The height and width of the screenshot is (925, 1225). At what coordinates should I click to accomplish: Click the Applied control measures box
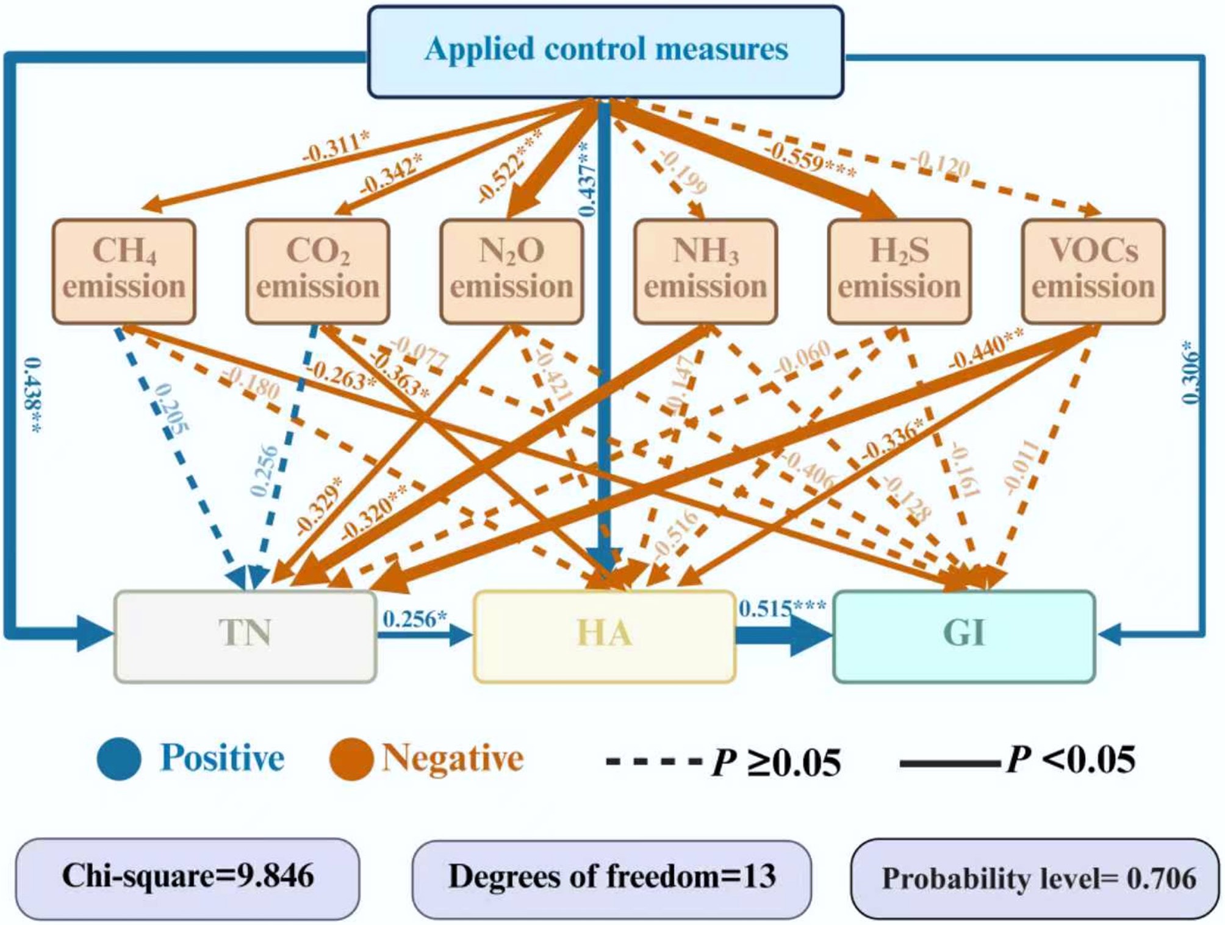pos(606,51)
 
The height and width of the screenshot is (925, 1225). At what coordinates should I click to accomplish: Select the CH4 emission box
pos(124,271)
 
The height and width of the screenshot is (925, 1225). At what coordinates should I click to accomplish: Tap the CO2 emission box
pos(318,271)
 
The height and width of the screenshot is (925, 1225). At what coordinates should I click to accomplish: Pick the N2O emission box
pos(511,271)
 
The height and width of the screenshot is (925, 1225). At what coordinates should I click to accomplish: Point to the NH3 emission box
pos(705,271)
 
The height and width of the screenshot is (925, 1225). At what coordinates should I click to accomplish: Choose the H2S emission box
pos(899,271)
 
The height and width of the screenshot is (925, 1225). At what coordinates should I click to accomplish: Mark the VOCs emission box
pos(1093,271)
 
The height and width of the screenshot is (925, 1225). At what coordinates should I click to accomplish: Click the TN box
pos(245,636)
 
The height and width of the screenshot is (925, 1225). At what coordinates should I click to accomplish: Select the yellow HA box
pos(605,636)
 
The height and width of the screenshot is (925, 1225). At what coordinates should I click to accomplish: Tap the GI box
pos(964,636)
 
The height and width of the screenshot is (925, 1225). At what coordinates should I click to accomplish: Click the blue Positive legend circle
pos(120,759)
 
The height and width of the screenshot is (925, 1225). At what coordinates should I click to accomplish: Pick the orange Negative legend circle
pos(351,759)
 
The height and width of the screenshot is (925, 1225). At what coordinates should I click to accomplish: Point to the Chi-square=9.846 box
pos(188,877)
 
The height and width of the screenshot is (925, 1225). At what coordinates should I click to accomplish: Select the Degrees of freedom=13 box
pos(612,877)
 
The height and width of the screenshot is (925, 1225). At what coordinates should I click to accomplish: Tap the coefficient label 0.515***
pos(782,608)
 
